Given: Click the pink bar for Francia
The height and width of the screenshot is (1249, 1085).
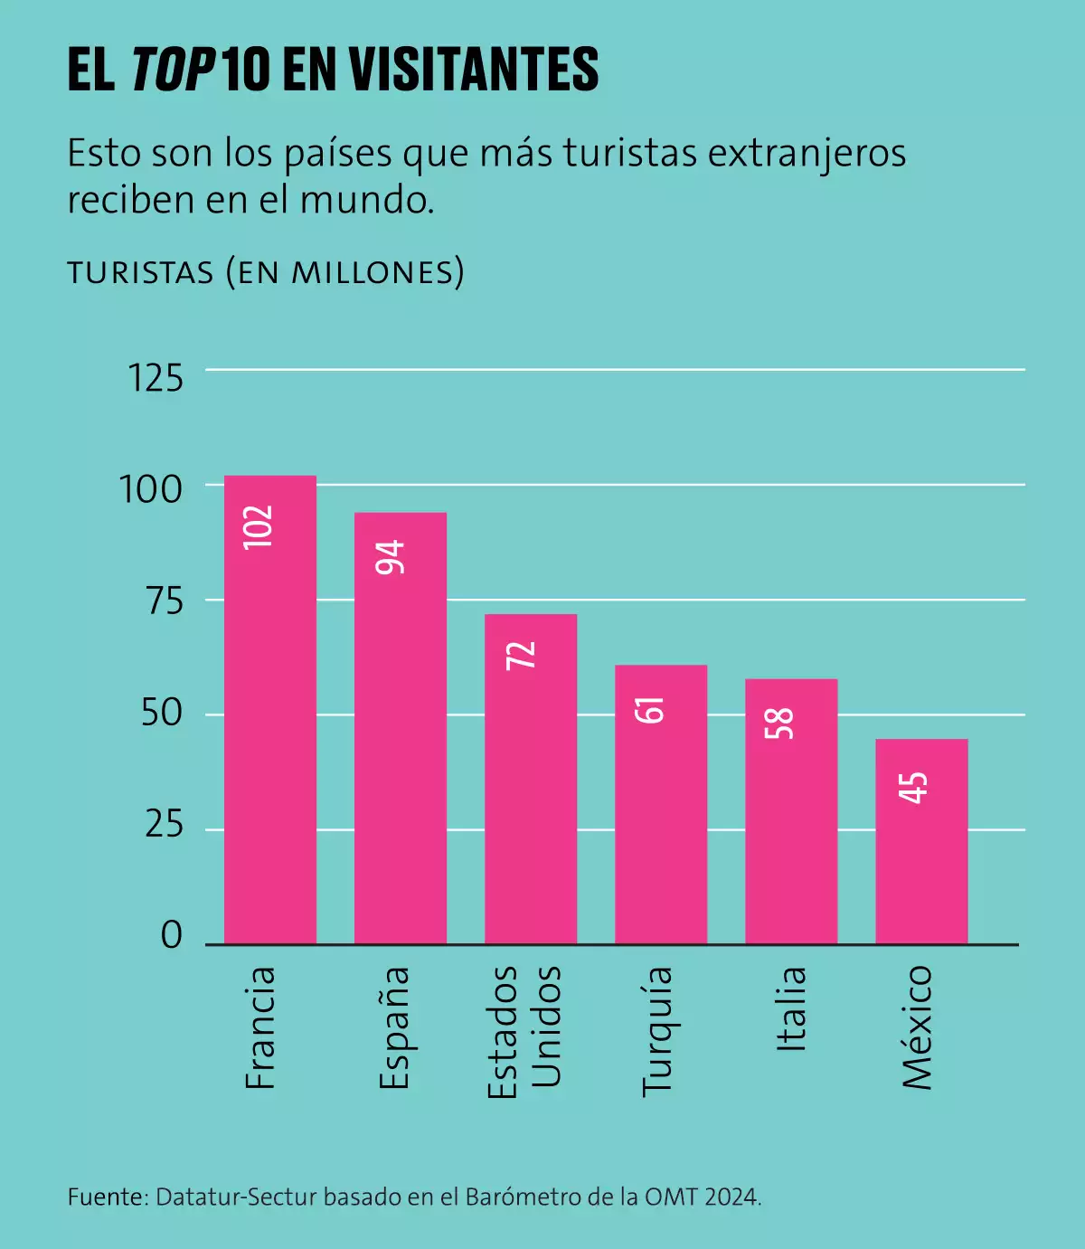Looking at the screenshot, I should coord(270,724).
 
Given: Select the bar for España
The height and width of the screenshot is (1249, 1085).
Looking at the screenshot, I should coord(401,742).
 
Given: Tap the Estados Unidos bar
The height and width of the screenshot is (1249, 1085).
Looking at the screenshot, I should coord(531,787).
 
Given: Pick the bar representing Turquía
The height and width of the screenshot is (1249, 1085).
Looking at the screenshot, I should coord(661,814).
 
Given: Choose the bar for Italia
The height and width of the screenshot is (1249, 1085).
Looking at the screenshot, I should coord(791,823).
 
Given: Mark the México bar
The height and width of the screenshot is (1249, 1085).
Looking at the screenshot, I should coord(921,850).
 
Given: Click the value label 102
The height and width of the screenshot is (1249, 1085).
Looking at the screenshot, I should coord(258,526).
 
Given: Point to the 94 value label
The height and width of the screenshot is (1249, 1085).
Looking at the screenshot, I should coord(391,557).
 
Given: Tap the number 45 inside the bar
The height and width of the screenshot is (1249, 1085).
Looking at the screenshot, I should coord(913,788).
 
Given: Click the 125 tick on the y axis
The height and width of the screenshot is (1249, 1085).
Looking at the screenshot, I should coord(156,378).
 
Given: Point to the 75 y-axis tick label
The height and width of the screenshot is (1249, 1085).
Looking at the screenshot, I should coord(164,601).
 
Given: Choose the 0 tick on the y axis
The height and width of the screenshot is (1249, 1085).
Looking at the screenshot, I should coord(172,935).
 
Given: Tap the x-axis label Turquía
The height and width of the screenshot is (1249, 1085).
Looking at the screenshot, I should coord(657,1031).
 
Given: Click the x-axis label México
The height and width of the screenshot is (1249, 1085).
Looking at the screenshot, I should coord(917,1027).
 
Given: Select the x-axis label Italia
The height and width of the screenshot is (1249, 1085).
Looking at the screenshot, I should coord(791,1008).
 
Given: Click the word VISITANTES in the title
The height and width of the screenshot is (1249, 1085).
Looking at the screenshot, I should coord(474,70).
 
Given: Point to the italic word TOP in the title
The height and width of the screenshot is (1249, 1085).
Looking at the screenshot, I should coord(172,70).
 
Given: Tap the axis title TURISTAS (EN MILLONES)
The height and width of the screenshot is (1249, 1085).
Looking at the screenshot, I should coord(266,271).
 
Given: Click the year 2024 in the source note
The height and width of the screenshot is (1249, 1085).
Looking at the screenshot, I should coord(731,1197).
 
